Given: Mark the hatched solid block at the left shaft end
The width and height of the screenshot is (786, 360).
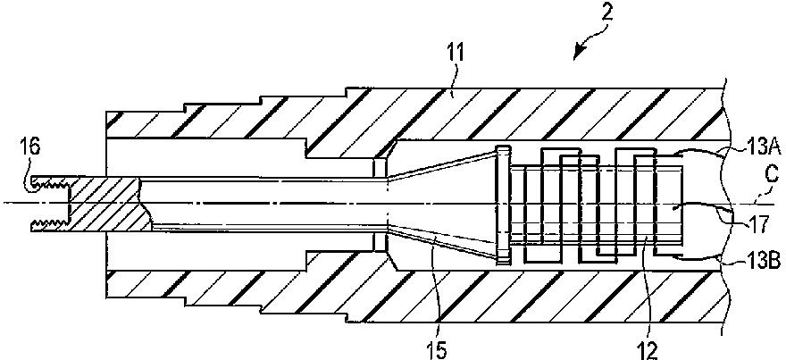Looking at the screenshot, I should (104, 203).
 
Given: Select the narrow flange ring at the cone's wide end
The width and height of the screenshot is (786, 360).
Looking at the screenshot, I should (503, 205).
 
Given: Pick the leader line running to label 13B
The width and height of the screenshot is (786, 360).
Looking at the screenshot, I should (706, 258).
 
